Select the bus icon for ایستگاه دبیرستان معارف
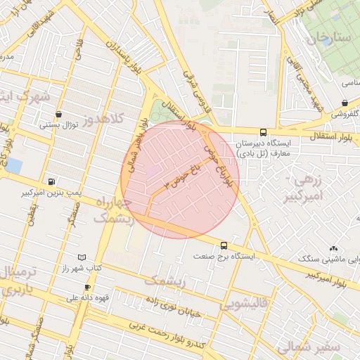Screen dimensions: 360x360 pos(263,131)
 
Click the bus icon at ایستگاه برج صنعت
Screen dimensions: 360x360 pos(224,245)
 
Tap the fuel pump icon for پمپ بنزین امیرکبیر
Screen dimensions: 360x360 pos(51,180)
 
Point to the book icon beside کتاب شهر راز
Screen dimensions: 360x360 pos(82,258)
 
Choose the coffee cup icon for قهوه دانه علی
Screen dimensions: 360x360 pos(87,288)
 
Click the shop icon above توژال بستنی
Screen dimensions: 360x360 pos(58,114)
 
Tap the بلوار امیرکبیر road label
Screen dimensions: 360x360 pos(328,274)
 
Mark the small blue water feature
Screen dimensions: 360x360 pos(14,166)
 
